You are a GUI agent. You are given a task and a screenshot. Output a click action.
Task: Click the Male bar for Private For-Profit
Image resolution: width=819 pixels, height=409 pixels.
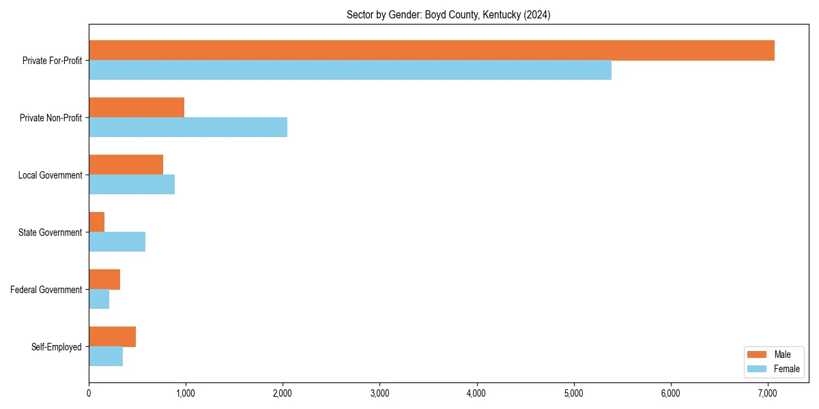(x=431, y=50)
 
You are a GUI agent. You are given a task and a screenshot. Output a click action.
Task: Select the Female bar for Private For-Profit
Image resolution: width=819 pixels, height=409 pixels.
(x=350, y=70)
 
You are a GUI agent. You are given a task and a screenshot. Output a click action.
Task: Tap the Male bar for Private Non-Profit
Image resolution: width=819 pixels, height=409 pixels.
(x=136, y=108)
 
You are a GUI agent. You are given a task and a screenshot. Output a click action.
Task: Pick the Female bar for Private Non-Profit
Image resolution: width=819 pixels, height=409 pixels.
(x=188, y=127)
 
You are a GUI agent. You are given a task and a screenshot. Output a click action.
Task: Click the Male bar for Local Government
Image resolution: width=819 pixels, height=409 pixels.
(x=126, y=165)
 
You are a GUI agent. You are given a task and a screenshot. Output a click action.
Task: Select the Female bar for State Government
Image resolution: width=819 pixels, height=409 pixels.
(x=117, y=242)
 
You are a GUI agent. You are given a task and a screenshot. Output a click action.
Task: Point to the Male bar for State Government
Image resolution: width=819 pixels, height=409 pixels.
(x=96, y=222)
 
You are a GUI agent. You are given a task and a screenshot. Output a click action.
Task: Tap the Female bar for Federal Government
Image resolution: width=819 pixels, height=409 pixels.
(x=99, y=299)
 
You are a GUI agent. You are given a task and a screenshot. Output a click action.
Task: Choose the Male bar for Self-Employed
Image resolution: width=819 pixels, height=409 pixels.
(x=112, y=337)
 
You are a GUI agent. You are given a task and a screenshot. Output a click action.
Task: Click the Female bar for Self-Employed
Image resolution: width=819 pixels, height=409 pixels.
(x=106, y=357)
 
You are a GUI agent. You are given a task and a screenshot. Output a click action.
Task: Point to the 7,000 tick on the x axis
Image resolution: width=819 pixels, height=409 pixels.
(x=768, y=393)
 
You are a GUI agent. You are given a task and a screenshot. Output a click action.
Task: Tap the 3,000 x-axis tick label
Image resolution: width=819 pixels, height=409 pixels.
(x=379, y=393)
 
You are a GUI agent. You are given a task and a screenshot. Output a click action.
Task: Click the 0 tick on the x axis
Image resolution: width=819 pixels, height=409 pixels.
(x=89, y=393)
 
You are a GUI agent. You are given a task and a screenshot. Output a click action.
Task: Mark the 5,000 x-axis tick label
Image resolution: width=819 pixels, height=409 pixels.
(x=574, y=393)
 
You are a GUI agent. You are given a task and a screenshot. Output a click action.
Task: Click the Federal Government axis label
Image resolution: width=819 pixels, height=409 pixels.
(x=46, y=290)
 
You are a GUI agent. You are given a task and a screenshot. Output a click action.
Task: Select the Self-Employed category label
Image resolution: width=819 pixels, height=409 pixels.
(x=56, y=347)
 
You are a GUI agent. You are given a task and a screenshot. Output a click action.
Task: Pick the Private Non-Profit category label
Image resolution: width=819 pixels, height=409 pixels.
(x=52, y=118)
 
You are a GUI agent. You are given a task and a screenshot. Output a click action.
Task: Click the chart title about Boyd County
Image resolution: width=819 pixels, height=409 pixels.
(x=448, y=15)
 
